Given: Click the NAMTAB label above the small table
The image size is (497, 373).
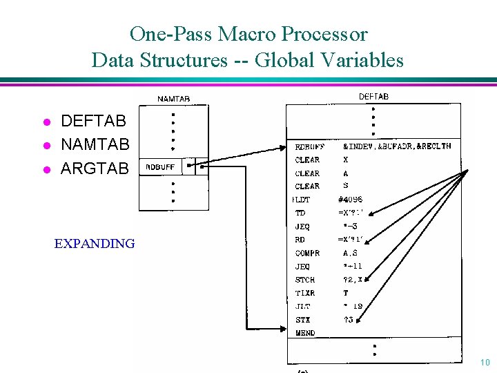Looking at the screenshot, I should pyautogui.click(x=173, y=99).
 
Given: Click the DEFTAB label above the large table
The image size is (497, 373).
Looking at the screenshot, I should pyautogui.click(x=373, y=97).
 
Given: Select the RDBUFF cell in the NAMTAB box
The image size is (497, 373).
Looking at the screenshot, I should pyautogui.click(x=159, y=167).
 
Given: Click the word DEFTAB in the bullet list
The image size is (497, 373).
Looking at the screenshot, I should pyautogui.click(x=93, y=122).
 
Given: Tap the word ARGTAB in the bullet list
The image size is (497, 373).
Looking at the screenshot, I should pyautogui.click(x=95, y=168).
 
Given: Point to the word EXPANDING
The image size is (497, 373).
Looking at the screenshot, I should pyautogui.click(x=95, y=243).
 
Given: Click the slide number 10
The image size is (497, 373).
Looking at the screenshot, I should pyautogui.click(x=485, y=363).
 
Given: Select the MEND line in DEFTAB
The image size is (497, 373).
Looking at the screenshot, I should pyautogui.click(x=304, y=333).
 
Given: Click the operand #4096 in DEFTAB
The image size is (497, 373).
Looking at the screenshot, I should pyautogui.click(x=350, y=200).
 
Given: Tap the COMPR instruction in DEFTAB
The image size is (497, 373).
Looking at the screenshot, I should pyautogui.click(x=307, y=253).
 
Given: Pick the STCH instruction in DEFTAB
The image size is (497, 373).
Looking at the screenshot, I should pyautogui.click(x=305, y=280).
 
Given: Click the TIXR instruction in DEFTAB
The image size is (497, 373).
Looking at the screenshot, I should pyautogui.click(x=305, y=293).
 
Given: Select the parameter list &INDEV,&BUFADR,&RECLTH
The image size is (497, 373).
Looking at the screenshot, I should pyautogui.click(x=396, y=146).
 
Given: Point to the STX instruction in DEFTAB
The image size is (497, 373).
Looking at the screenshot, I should pyautogui.click(x=302, y=320).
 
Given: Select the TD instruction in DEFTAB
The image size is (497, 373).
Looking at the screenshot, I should pyautogui.click(x=300, y=213).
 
